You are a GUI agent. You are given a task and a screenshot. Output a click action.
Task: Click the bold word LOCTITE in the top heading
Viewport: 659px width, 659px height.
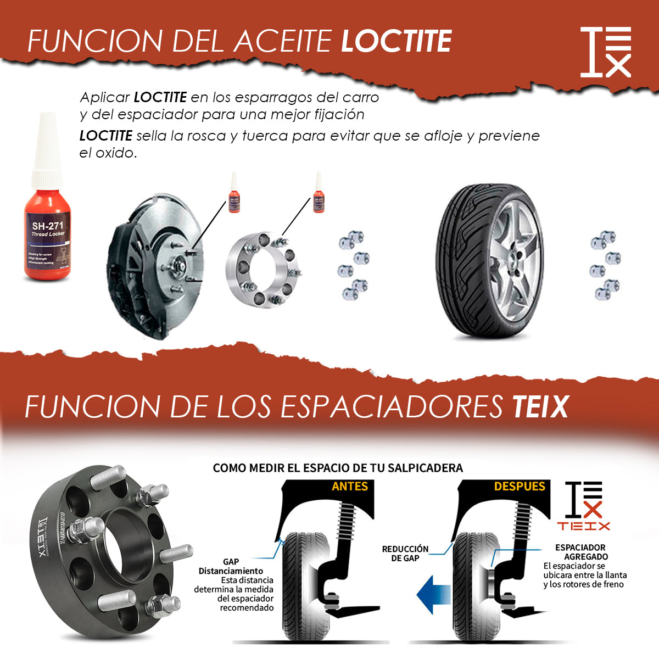(x=396, y=42)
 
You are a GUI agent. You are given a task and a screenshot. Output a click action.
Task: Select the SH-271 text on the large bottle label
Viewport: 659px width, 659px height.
(x=47, y=226)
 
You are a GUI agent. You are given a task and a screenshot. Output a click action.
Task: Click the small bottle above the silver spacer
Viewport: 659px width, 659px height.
(x=319, y=193)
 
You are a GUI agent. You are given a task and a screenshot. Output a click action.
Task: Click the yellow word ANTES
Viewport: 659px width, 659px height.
(x=350, y=487)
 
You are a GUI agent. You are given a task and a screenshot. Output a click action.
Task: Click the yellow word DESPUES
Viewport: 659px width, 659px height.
(x=519, y=487)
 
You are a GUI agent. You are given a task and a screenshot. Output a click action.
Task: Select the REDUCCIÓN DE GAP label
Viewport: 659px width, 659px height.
(x=405, y=554)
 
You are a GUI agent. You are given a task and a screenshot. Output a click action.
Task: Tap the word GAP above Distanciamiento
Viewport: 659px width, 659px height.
(x=231, y=562)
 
